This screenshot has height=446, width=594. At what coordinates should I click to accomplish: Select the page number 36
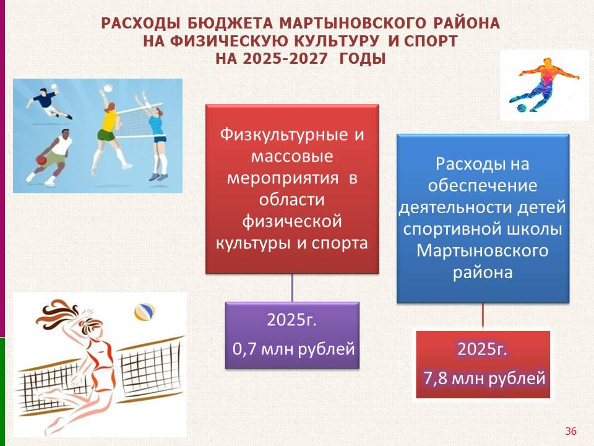[570, 431]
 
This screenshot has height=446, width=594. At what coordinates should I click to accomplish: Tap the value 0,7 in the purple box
[245, 349]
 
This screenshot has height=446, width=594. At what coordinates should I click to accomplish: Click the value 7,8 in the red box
[436, 378]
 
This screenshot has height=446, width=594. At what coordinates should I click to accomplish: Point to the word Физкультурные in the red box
[284, 134]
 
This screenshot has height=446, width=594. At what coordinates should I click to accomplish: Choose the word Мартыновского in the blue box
[482, 251]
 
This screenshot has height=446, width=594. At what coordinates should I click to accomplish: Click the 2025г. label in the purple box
[291, 320]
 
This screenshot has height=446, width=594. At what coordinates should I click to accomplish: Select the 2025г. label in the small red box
[482, 349]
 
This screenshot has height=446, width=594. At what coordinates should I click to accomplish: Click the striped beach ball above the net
[145, 312]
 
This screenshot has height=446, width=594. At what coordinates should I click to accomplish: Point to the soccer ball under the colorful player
[521, 108]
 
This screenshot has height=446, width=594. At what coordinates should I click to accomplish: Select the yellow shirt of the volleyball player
[108, 120]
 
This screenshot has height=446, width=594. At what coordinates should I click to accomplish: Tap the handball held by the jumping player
[54, 87]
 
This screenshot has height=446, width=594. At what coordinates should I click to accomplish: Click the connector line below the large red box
[292, 288]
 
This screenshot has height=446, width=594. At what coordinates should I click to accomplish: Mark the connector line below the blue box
[483, 315]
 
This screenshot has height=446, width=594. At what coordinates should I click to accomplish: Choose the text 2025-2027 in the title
[285, 59]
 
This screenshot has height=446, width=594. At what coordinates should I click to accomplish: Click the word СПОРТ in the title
[431, 41]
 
